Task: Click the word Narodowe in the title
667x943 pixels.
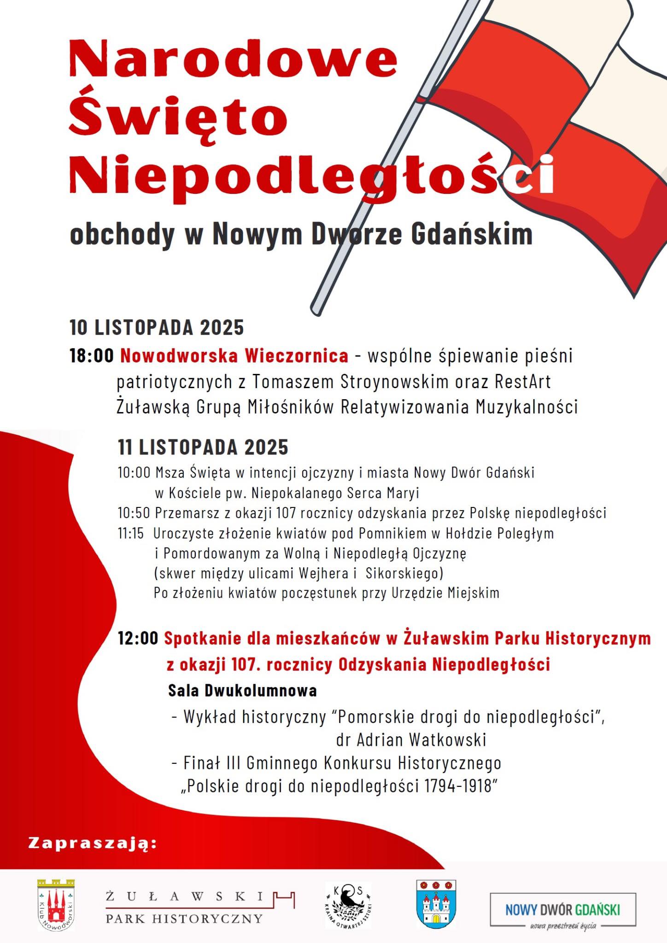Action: tap(233, 59)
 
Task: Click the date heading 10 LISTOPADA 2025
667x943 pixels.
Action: tap(157, 327)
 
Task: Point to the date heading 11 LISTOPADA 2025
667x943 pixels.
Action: tap(203, 447)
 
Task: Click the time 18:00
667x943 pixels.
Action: tap(91, 356)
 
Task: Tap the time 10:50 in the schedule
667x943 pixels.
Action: tap(134, 512)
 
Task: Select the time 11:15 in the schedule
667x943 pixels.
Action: tap(131, 533)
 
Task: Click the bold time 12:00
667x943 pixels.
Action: tap(138, 638)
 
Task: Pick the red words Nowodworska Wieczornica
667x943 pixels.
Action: tap(234, 356)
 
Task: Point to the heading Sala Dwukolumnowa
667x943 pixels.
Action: tap(242, 691)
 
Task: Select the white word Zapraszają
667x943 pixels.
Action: tap(93, 843)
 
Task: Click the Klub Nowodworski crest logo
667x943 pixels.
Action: tap(56, 905)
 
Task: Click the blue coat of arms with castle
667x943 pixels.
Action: tap(436, 904)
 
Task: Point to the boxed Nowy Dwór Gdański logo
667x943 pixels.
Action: tap(562, 909)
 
